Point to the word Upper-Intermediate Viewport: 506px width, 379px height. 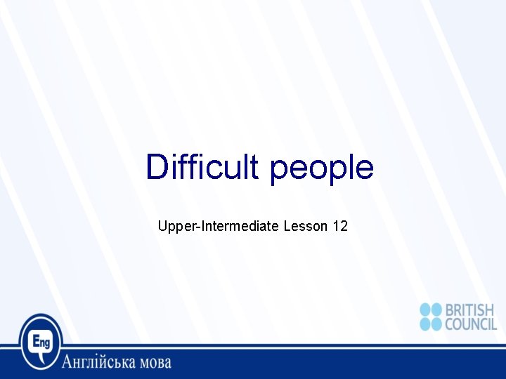tap(219, 226)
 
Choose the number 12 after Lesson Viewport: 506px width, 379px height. tap(340, 226)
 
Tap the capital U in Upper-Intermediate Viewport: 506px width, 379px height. tap(163, 226)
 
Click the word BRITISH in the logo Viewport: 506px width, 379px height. tap(470, 310)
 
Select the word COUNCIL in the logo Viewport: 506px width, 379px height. tap(470, 324)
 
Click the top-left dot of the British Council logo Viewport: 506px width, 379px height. tap(426, 310)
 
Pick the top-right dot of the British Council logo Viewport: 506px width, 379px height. tap(437, 310)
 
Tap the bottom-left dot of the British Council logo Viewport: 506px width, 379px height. tap(426, 324)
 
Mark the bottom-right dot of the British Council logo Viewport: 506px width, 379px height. tap(437, 324)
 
